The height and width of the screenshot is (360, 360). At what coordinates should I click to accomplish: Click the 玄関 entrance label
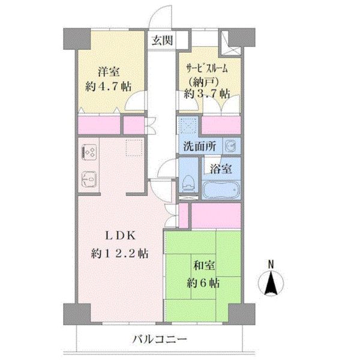162,41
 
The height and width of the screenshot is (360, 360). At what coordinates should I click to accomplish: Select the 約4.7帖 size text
109,87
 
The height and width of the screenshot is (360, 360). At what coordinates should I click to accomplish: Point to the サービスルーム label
206,68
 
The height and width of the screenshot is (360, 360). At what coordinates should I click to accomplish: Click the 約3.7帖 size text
207,94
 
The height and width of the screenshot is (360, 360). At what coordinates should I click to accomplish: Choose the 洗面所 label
200,146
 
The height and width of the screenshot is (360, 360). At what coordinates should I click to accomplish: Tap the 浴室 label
221,169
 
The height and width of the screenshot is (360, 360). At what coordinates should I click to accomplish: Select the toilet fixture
188,184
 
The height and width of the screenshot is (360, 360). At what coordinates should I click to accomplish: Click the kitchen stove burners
88,152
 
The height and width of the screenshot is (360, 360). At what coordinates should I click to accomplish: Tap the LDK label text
121,236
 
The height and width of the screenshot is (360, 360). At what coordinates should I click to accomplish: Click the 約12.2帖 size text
119,254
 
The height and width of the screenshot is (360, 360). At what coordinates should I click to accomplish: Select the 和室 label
204,266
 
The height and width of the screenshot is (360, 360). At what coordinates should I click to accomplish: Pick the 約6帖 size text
203,283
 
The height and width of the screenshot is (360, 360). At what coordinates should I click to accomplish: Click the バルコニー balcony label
160,338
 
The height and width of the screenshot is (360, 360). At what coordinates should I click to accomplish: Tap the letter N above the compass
271,265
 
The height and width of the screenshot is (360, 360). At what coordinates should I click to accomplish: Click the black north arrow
271,283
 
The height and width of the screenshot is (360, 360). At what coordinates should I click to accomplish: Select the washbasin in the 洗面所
231,146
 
